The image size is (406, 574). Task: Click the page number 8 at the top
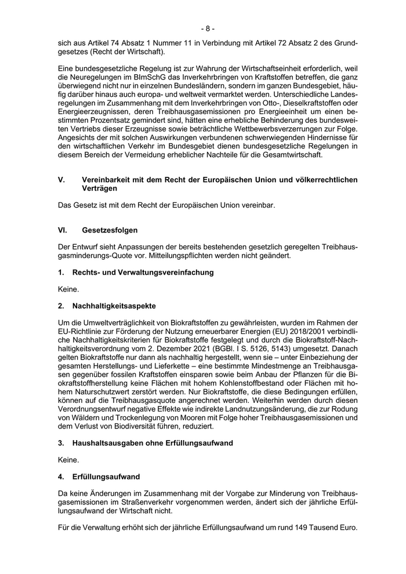click(208, 28)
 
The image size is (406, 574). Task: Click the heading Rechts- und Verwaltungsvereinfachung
click(143, 272)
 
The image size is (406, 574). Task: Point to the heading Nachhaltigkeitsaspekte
click(114, 305)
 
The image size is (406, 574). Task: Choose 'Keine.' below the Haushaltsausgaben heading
click(68, 460)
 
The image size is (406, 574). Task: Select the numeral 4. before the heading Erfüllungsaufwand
click(61, 477)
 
